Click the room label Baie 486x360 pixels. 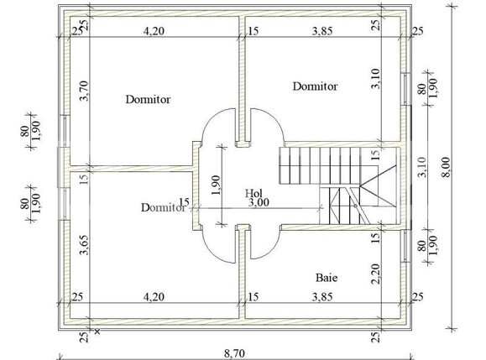click(x=327, y=277)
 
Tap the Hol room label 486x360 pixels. click(x=253, y=193)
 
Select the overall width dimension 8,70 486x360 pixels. click(x=234, y=353)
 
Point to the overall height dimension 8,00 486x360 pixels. click(x=447, y=167)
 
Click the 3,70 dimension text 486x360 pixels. click(x=84, y=91)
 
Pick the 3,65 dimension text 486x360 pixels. click(x=84, y=245)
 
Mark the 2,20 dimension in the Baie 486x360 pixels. click(x=375, y=274)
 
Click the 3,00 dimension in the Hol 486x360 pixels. click(x=259, y=202)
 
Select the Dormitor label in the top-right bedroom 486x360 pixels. click(x=315, y=86)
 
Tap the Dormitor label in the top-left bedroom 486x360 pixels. click(x=148, y=99)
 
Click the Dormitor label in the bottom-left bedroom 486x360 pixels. click(x=163, y=207)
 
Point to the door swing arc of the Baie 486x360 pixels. click(x=274, y=247)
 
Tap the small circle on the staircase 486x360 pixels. click(x=356, y=206)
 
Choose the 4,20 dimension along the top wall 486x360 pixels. click(x=154, y=31)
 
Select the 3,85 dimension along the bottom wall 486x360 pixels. click(x=322, y=297)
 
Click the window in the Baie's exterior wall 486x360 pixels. click(x=405, y=246)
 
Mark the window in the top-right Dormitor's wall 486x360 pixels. click(x=405, y=89)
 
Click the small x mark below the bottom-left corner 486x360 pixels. click(x=97, y=331)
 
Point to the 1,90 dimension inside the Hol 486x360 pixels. click(x=216, y=185)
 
